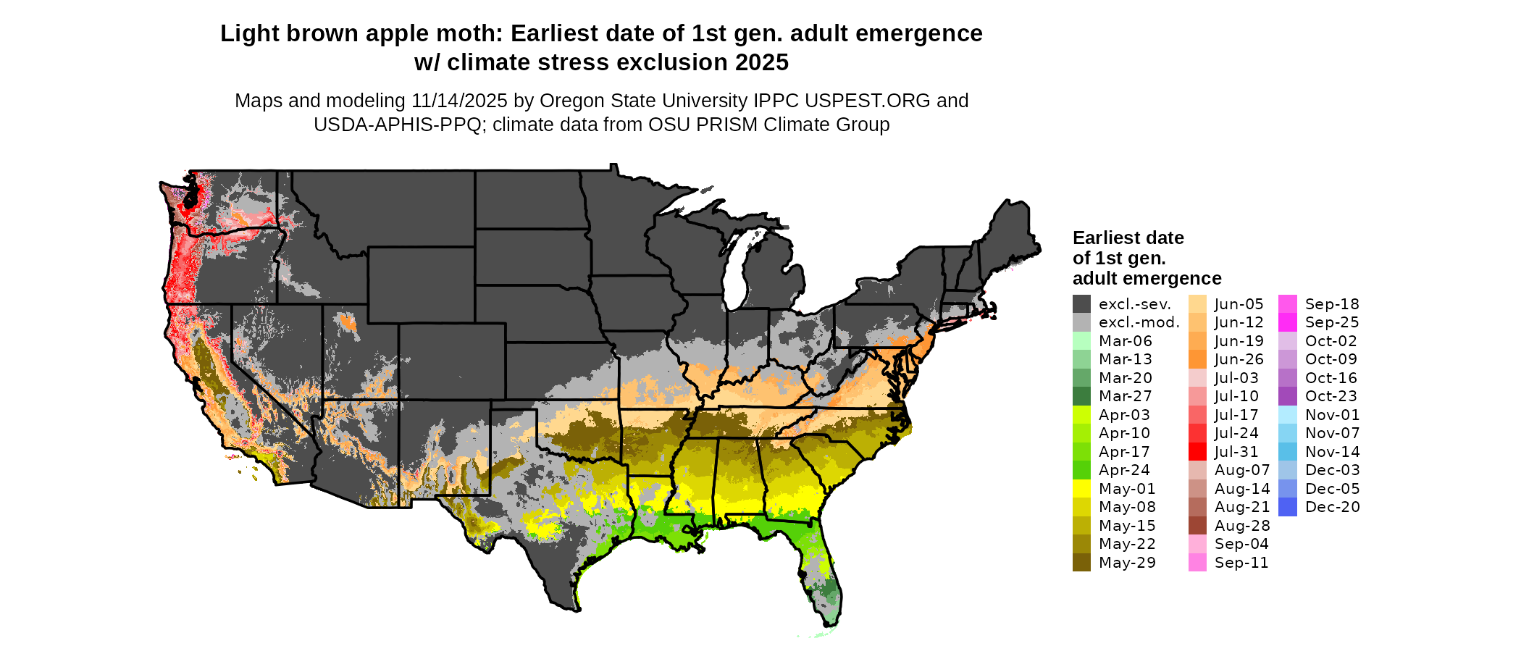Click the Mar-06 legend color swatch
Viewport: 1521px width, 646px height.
pos(1081,341)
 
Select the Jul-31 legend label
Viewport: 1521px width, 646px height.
pos(1236,452)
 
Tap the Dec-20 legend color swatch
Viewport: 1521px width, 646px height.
pos(1288,507)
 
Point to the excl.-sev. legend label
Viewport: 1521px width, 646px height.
pos(1135,304)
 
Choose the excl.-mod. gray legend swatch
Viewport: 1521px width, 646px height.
pos(1081,322)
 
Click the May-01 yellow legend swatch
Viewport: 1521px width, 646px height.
pos(1081,489)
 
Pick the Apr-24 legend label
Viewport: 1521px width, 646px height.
pos(1124,470)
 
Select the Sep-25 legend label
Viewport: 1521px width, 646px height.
pos(1332,322)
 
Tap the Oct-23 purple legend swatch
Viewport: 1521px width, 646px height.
pos(1288,396)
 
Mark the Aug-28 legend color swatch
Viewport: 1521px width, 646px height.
pos(1197,526)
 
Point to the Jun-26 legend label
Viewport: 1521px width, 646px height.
pos(1239,359)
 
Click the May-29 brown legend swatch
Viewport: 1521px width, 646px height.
pos(1081,563)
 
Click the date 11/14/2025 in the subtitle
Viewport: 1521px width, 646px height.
pos(459,101)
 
